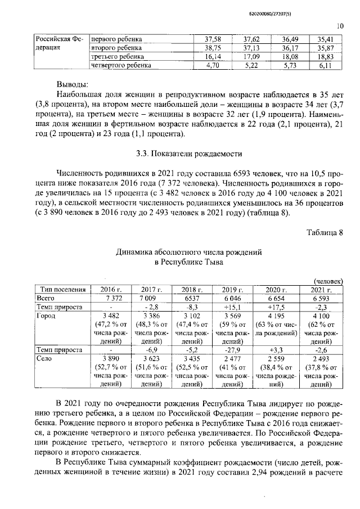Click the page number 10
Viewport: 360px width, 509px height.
[340, 25]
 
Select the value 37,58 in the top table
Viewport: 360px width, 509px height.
[212, 39]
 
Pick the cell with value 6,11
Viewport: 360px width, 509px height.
[326, 65]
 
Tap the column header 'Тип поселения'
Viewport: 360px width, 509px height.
[61, 289]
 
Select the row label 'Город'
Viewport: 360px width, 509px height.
[46, 316]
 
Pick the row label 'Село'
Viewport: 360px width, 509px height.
[44, 358]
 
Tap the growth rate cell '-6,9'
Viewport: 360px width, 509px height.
[150, 349]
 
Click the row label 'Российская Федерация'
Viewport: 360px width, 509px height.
[58, 43]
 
